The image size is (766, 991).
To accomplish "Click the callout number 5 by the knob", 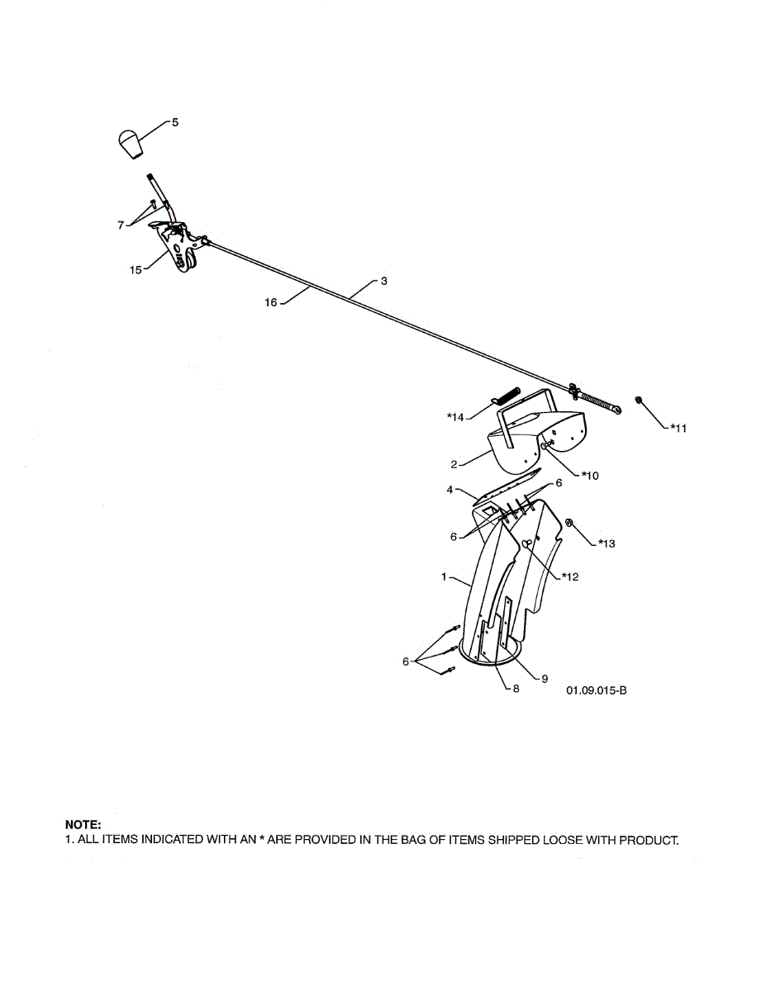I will click(174, 122).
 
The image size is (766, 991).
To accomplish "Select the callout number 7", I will click(121, 225).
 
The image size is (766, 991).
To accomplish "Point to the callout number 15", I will click(136, 268).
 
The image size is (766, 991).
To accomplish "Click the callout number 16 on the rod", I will click(271, 303).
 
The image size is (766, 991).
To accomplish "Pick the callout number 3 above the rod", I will click(383, 281).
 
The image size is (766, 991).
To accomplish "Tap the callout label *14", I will click(455, 418).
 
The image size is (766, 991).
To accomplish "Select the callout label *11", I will click(678, 428).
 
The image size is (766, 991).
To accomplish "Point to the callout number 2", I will click(454, 464).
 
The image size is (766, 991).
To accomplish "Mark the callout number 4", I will click(450, 490).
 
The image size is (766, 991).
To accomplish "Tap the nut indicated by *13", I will click(569, 522).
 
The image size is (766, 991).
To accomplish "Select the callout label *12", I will click(569, 576).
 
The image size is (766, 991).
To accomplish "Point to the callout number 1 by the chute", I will click(444, 576).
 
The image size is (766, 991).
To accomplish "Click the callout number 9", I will click(545, 679).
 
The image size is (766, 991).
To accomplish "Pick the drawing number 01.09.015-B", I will click(597, 690).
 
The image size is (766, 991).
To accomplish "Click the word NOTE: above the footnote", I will click(83, 824).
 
